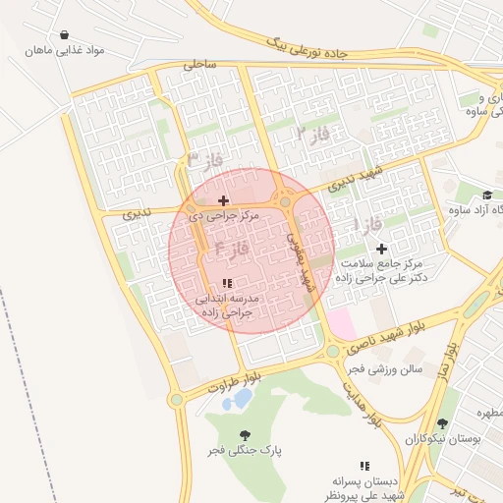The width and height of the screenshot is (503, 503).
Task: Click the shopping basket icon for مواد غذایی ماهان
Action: point(64,34)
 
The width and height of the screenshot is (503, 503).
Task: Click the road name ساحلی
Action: point(197,65)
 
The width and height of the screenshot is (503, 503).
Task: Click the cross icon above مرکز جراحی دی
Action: point(223,199)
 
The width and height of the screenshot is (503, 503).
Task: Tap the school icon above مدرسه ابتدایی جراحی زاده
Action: point(228,283)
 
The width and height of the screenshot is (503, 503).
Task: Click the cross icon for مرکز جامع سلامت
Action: point(381,250)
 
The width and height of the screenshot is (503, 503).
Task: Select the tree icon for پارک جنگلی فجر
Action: point(244,434)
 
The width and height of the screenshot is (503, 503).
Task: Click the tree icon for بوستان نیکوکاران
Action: point(444,424)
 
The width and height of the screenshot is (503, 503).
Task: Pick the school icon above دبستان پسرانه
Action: point(364,466)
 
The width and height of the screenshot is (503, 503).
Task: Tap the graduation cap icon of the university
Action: point(487,195)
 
